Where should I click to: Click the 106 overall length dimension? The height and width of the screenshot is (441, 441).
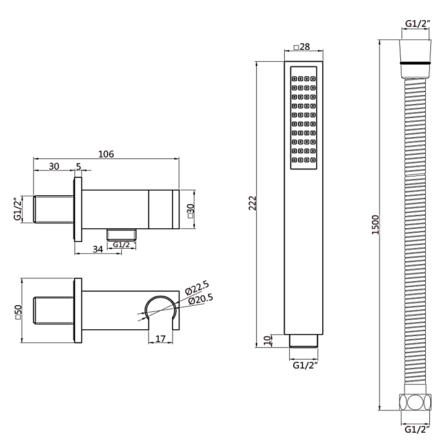[x=106, y=154]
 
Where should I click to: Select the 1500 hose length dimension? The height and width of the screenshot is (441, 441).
[x=376, y=225]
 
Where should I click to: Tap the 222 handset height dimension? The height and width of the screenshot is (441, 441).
[x=253, y=203]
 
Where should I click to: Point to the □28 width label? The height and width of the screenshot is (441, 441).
[x=302, y=47]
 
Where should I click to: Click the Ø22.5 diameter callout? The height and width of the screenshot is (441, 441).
[x=197, y=288]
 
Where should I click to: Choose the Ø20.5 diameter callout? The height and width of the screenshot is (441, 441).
[x=201, y=299]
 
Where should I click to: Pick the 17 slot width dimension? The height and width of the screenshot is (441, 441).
[x=161, y=339]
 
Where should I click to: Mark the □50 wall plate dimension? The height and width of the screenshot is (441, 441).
[x=18, y=312]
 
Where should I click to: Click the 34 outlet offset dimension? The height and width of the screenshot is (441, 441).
[x=98, y=249]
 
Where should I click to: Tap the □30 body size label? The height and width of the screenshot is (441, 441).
[x=190, y=211]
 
